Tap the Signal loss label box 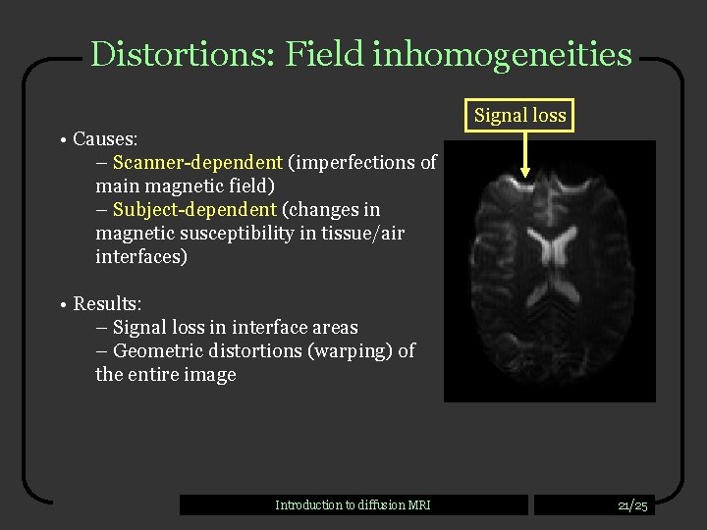coord(519,116)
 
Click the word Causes coord(105,139)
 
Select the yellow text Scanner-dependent coord(198,162)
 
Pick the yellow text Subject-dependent coord(194,209)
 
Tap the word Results coord(106,304)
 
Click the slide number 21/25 coord(632,505)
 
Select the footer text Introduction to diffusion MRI coord(353,505)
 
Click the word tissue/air coord(362,233)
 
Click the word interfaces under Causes coord(140,256)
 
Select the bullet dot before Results coord(61,305)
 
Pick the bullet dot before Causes coord(61,140)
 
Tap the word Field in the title coord(326,54)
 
